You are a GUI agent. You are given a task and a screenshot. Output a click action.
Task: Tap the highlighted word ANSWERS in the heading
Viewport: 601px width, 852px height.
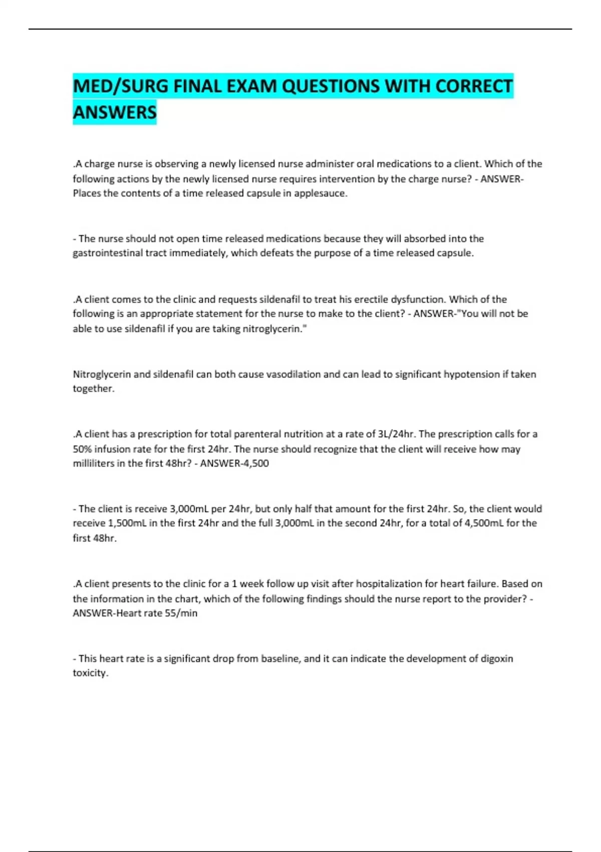coord(115,112)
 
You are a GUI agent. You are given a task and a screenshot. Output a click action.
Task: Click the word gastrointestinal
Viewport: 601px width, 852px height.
coord(108,253)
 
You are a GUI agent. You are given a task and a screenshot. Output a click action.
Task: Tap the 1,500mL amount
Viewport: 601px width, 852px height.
coord(124,523)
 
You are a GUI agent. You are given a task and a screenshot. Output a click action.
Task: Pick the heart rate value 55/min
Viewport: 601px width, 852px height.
coord(181,613)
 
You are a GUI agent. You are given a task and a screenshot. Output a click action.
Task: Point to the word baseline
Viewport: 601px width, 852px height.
coord(279,659)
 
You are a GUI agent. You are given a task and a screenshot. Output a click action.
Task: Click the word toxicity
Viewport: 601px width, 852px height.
coord(90,673)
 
